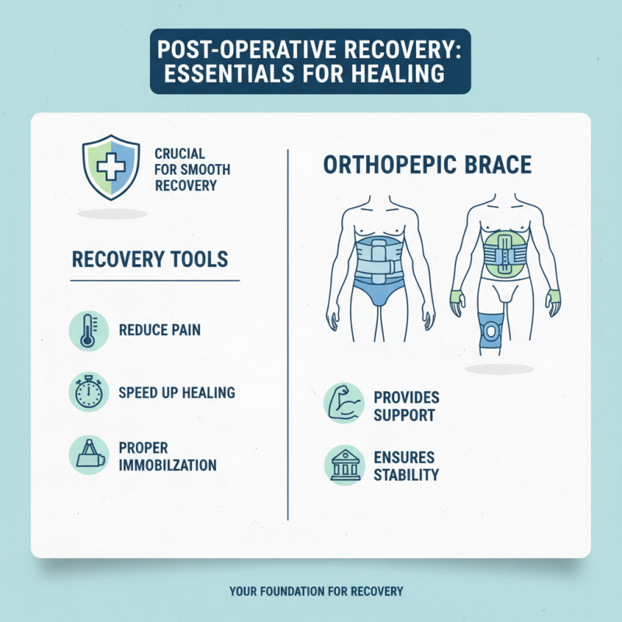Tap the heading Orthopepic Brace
[426, 165]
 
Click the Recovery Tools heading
[149, 259]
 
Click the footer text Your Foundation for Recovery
[316, 592]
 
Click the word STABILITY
[406, 474]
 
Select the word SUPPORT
[404, 415]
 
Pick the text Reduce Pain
[159, 330]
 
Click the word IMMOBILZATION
[167, 465]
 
